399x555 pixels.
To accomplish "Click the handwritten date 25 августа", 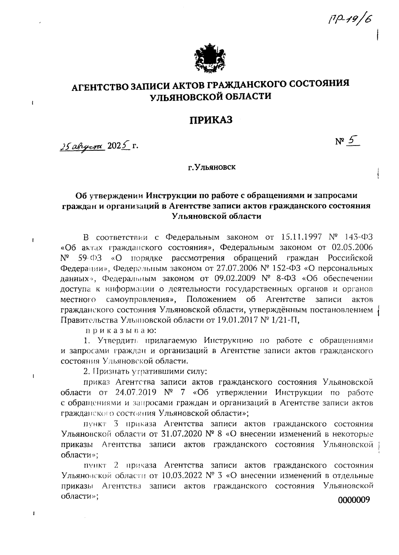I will [x=82, y=146].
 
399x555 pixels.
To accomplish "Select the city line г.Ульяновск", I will [x=211, y=167].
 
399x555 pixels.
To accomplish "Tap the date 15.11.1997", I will [x=301, y=237].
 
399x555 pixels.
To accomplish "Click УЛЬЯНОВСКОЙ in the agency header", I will [x=186, y=97].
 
